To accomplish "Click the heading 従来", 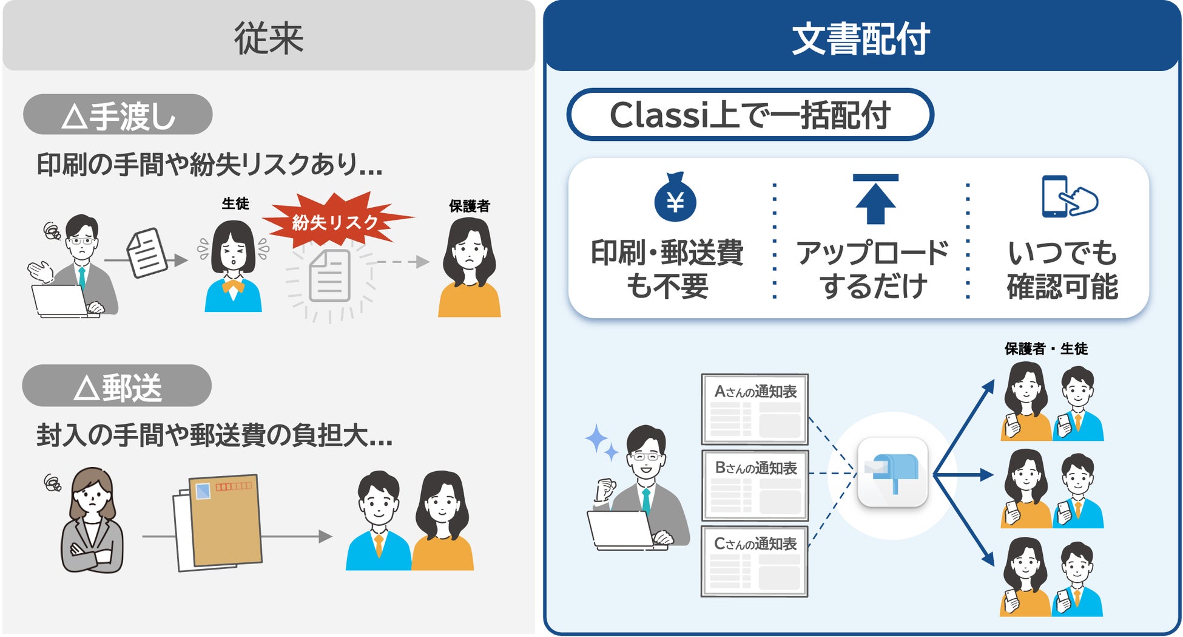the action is pos(268,38).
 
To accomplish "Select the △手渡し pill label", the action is pos(118,115).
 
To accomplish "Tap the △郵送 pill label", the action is pos(116,386).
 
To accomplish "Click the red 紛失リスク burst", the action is pos(336,221).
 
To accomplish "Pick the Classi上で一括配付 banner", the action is pos(750,115).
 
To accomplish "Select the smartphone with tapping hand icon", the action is pos(1069,197).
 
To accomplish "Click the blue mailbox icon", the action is pos(892,472).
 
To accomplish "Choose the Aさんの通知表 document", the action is pos(755,409).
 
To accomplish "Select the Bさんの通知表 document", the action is pos(755,485).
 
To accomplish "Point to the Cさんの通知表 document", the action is pos(755,561).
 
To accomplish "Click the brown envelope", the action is pos(224,521).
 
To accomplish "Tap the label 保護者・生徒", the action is pos(1046,349).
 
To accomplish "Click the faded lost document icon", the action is pos(330,276).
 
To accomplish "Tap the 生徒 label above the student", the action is pos(235,203).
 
